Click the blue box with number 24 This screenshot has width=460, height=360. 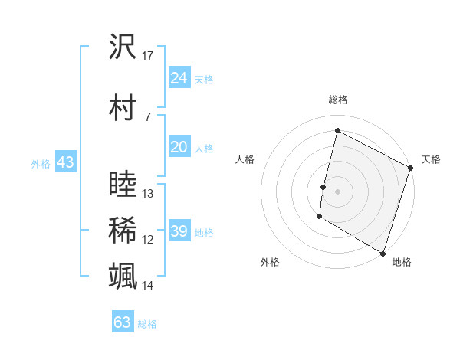click(179, 77)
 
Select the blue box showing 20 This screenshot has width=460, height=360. click(179, 147)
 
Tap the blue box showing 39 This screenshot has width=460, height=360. click(179, 231)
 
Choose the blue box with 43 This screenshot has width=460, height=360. click(64, 162)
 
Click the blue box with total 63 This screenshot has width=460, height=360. click(123, 322)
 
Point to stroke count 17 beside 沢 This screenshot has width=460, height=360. click(148, 56)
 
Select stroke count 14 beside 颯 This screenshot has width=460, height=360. click(148, 286)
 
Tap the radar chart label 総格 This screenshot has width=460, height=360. click(337, 100)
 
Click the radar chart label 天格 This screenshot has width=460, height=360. click(431, 159)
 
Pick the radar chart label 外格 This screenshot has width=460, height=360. click(270, 262)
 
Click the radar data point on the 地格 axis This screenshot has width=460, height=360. click(383, 253)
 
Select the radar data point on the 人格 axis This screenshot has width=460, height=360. click(324, 187)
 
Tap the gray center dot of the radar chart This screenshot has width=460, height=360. click(337, 191)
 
